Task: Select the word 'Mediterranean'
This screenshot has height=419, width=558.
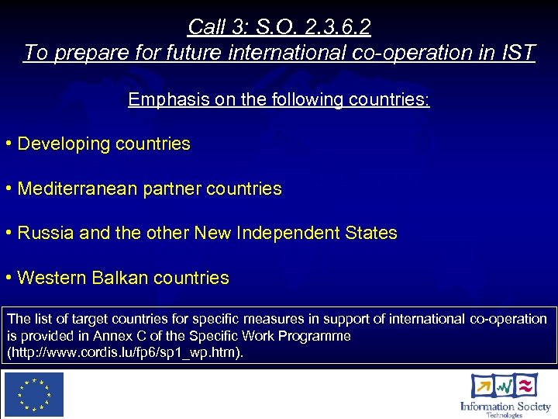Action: coord(77,189)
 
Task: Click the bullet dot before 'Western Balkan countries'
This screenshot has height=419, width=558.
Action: coord(8,278)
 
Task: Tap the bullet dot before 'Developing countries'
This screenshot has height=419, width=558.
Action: coord(8,144)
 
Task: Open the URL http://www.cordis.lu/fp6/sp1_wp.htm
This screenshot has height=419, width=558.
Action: coord(125,352)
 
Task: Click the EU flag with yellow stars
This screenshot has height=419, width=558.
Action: coord(34,395)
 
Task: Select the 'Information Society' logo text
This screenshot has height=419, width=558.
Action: coord(505,406)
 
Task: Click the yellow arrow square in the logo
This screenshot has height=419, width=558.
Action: coord(483,386)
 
